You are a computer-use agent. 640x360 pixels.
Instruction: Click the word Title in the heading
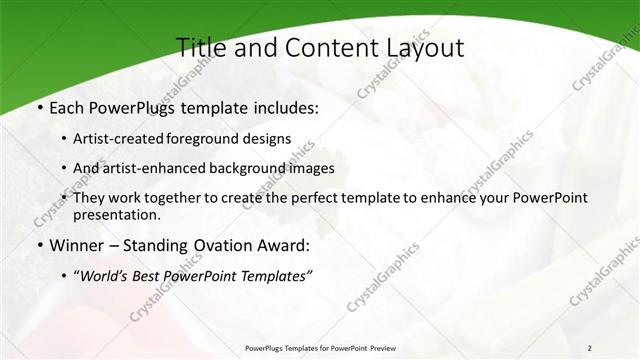click(199, 47)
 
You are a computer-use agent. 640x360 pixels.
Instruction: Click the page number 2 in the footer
click(589, 348)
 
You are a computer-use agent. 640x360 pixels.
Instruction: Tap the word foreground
click(217, 139)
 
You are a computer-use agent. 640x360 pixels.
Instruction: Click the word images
click(311, 169)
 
